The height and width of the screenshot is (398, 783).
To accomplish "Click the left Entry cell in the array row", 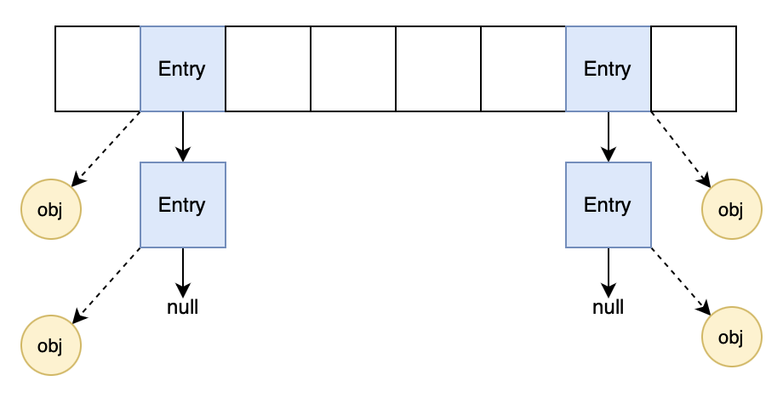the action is pos(183,69).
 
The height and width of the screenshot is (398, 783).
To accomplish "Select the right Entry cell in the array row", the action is pos(609,69).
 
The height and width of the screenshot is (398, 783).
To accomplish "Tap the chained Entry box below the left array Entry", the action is pos(183,205).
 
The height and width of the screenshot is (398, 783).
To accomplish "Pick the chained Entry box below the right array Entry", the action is pos(609,205).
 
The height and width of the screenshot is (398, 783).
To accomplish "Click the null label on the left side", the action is pos(183,307).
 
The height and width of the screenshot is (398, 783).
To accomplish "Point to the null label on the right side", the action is pos(609,307).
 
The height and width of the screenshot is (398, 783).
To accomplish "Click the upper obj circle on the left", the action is pos(51,209).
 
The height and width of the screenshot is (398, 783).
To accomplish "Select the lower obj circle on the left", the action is pos(51,345).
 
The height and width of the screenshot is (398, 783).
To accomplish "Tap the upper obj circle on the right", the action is pos(731,209).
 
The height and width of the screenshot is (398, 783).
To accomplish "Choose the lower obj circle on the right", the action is pos(731,337).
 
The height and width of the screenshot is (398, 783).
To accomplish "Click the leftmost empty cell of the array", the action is pos(98,69).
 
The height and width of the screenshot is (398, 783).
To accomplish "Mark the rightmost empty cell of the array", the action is pos(694,69).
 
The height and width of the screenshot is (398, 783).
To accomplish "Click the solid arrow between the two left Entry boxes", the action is pos(183,136).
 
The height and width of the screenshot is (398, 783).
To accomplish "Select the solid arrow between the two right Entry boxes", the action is pos(609,136).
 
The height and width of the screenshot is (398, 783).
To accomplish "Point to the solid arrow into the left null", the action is pos(183,271).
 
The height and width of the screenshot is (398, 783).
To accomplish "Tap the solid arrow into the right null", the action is pos(609,271).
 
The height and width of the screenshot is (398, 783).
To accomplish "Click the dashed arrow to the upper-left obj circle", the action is pos(106,148).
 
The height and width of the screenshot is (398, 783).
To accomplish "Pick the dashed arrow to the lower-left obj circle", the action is pos(106,285).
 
